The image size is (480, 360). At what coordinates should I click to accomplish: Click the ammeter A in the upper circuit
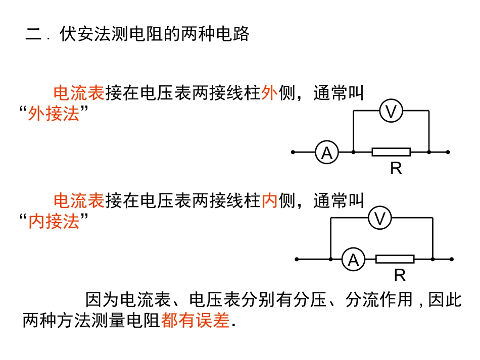point(327,152)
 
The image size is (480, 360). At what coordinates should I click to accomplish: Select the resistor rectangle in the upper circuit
point(391,152)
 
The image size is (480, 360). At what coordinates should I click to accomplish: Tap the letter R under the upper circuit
point(396,169)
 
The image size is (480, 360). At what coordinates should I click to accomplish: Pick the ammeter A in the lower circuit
point(353,260)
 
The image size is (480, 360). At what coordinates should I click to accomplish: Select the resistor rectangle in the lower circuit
point(395,259)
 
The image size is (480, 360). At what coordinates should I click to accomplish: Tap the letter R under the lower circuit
point(400,276)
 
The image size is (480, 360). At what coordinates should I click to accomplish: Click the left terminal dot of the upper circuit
point(293,152)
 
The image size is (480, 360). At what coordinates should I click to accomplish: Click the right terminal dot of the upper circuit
point(448,152)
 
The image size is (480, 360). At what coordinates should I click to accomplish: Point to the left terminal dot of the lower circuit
point(297,259)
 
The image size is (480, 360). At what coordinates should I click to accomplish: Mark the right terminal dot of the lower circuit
point(451,259)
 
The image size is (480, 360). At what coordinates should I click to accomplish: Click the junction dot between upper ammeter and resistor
point(353,152)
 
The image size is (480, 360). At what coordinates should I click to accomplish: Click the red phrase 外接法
point(54,114)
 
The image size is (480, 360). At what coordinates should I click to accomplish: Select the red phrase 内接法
point(54,221)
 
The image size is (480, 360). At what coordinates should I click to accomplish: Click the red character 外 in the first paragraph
point(269,93)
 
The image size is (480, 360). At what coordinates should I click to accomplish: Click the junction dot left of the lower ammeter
point(330,259)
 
